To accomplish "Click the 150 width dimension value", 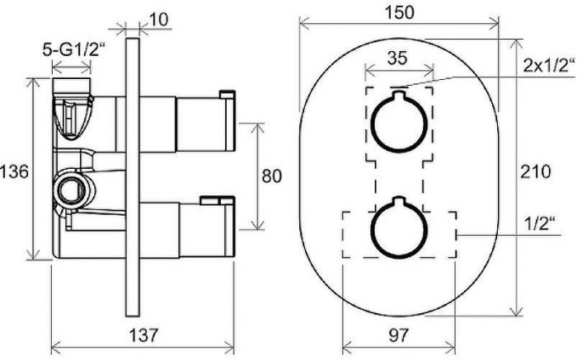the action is coord(399,12).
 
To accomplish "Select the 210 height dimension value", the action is coord(536,171).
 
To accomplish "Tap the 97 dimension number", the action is coord(398,335).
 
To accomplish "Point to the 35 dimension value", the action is coord(397,58).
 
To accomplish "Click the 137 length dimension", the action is coord(143,335).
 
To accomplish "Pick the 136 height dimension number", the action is coord(14,171).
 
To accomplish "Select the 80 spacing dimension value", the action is coord(271,176).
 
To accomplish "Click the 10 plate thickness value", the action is coord(159,20).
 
